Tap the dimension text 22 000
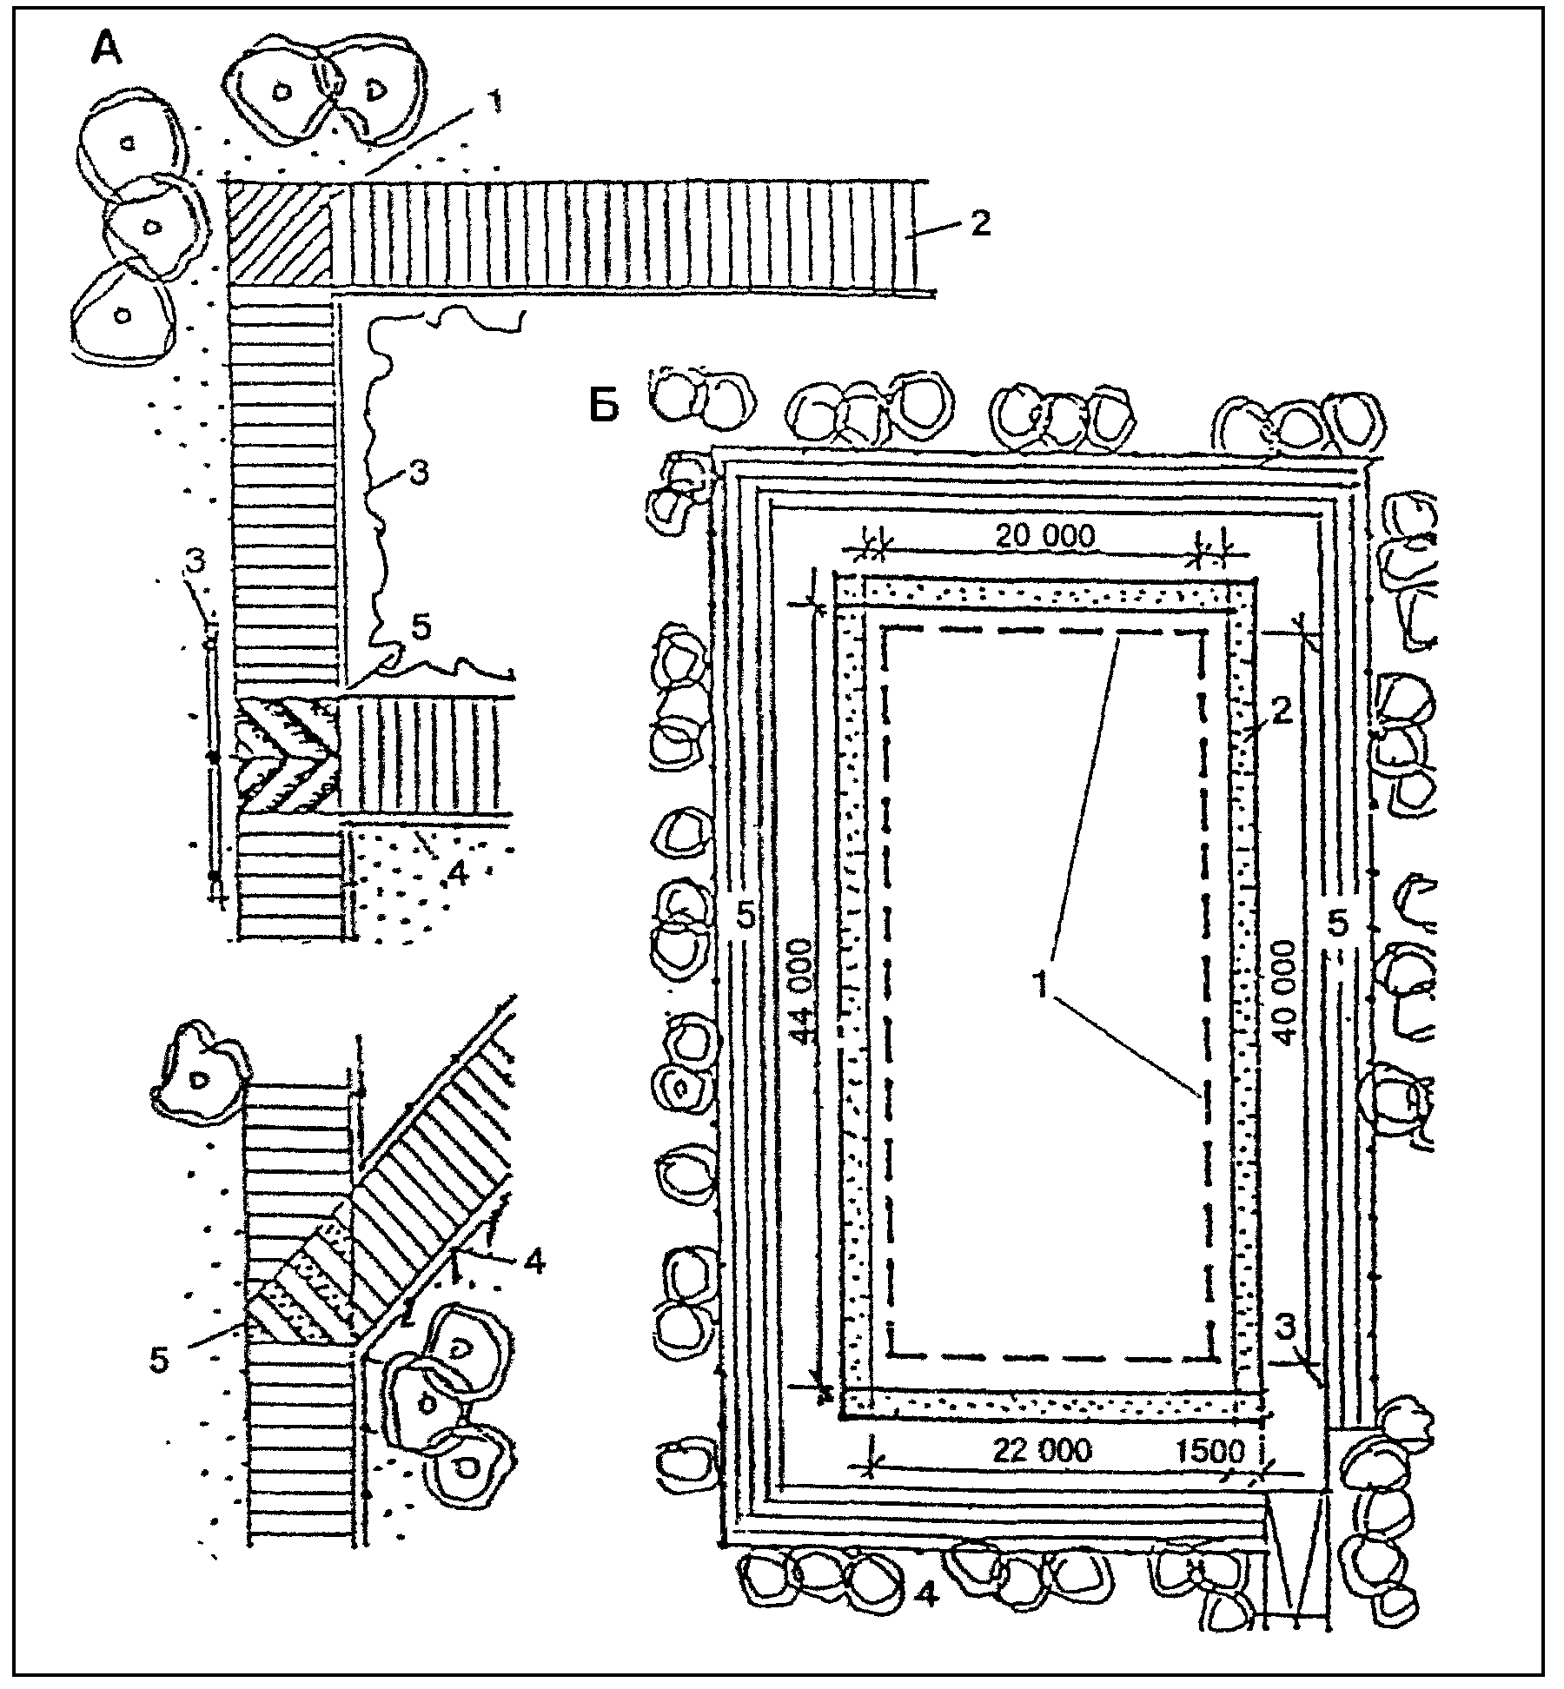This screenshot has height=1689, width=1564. coord(1041,1450)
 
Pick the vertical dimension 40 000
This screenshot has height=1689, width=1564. coord(1284,992)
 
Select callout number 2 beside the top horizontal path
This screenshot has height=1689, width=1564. coord(979,225)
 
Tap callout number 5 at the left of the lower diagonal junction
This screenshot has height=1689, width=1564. coord(159,1360)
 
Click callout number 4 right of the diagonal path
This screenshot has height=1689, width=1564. coord(535,1260)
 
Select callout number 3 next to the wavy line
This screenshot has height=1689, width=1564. coord(418,476)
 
